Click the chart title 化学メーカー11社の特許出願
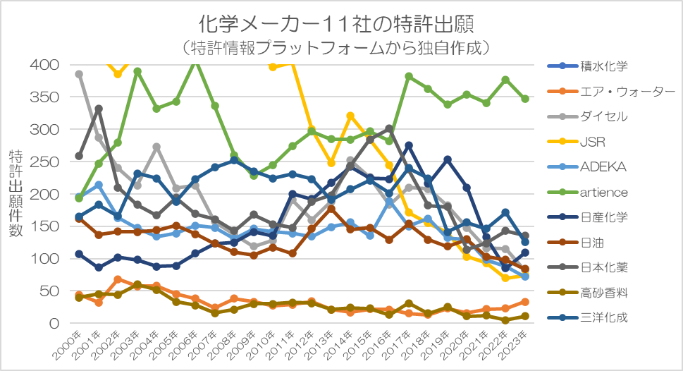pyautogui.click(x=336, y=24)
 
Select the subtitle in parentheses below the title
pyautogui.click(x=336, y=47)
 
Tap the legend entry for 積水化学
pyautogui.click(x=588, y=66)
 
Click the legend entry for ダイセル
pyautogui.click(x=588, y=116)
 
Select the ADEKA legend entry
pyautogui.click(x=586, y=167)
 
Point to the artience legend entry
pyautogui.click(x=588, y=193)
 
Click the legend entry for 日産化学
pyautogui.click(x=588, y=217)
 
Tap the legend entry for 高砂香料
pyautogui.click(x=588, y=293)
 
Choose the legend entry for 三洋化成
pyautogui.click(x=588, y=317)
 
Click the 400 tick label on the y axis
pyautogui.click(x=44, y=65)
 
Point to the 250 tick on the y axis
pyautogui.click(x=44, y=162)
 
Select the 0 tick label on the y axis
pyautogui.click(x=54, y=324)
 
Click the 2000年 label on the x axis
pyautogui.click(x=67, y=346)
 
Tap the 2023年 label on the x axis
pyautogui.click(x=513, y=346)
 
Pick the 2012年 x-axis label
pyautogui.click(x=300, y=346)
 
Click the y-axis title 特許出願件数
pyautogui.click(x=16, y=193)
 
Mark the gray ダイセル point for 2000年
pyautogui.click(x=79, y=74)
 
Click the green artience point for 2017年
pyautogui.click(x=409, y=76)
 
